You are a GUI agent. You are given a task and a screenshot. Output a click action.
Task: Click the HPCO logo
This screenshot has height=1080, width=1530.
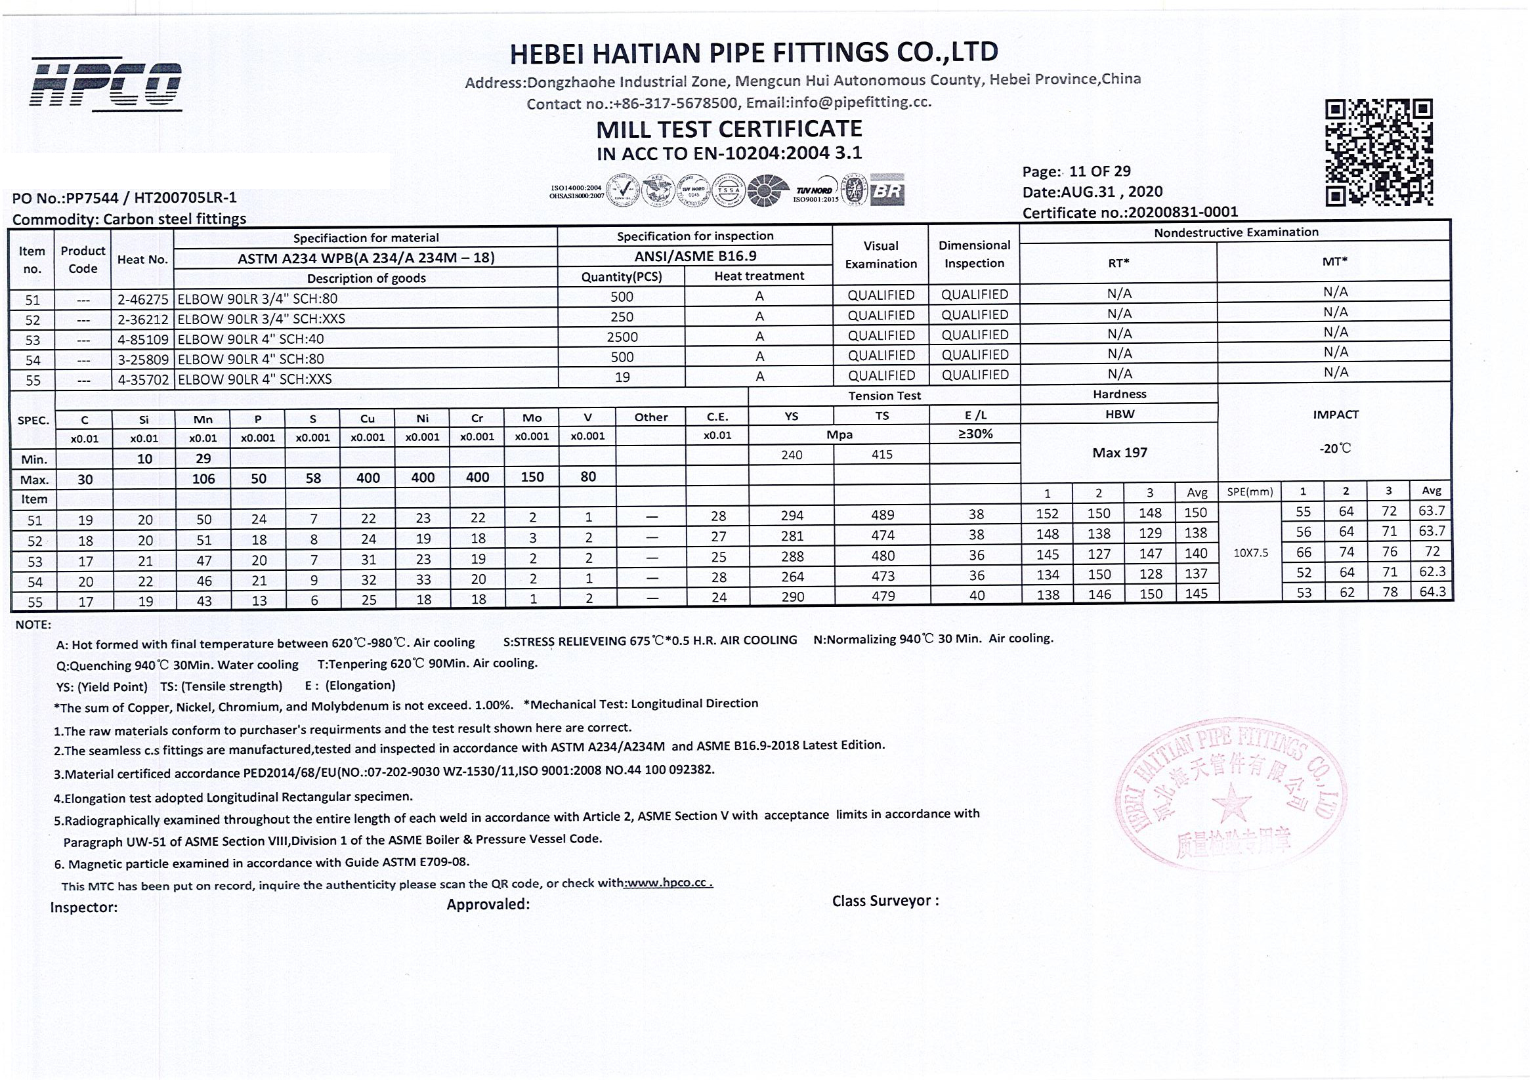pos(105,84)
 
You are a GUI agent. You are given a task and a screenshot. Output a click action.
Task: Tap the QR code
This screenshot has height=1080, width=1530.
pos(1378,152)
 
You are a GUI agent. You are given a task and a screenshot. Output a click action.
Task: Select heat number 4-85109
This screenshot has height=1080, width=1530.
pos(142,339)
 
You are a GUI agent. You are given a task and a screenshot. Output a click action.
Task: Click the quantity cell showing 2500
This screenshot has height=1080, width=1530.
pos(622,337)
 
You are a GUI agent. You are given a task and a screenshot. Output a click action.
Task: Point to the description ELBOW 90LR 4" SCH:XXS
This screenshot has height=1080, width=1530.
pos(255,379)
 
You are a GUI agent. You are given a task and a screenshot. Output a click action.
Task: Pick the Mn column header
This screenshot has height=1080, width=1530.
pos(203,419)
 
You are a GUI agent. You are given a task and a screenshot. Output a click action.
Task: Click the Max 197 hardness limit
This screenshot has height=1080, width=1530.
pos(1120,453)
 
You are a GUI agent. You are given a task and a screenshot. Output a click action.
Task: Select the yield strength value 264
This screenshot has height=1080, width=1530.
pos(792,577)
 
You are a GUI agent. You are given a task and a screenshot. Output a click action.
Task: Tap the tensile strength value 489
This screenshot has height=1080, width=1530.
pos(883,515)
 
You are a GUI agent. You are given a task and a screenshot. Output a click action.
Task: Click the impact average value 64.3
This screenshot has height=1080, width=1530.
pos(1432,592)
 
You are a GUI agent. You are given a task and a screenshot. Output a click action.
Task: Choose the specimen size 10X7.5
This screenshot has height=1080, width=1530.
pos(1251,552)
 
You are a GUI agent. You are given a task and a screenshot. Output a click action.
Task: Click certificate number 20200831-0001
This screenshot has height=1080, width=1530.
pos(1183,212)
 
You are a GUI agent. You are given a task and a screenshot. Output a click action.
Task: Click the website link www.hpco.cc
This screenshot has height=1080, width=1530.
pos(668,883)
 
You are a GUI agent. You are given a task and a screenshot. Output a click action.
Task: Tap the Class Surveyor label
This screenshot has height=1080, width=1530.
pos(885,901)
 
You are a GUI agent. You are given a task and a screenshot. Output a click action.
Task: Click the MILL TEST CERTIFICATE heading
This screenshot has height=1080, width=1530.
pos(729,129)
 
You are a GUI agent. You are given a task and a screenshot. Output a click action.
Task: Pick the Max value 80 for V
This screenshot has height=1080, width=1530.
pos(587,477)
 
